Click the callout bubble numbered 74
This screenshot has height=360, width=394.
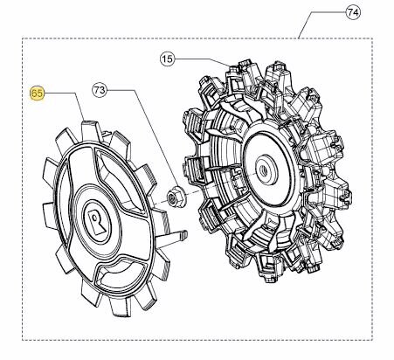[353, 12]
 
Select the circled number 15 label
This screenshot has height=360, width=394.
[167, 59]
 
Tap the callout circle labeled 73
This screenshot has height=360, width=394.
[100, 90]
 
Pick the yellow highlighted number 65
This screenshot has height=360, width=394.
[37, 93]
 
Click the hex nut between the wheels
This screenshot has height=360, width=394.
[176, 198]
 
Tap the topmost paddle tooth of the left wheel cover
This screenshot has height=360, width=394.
[90, 129]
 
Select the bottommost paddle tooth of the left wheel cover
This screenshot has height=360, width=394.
[120, 308]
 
